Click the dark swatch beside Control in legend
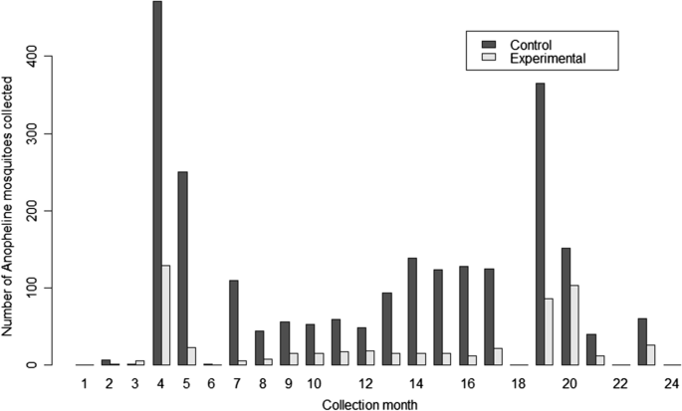coord(489,45)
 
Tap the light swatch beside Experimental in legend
coord(489,60)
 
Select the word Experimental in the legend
coord(547,60)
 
